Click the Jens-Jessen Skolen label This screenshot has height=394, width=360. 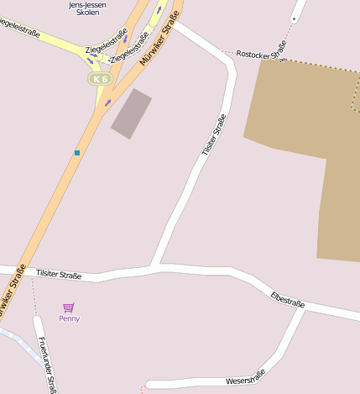tap(87, 8)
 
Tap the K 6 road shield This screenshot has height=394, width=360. tap(100, 78)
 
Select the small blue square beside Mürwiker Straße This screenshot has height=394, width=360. tap(77, 152)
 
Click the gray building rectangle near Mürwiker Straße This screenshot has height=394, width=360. tap(131, 113)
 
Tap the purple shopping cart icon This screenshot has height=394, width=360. tap(69, 307)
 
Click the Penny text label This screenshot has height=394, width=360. tap(69, 318)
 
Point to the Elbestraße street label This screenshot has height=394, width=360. tap(288, 299)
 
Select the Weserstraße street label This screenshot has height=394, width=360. tap(245, 378)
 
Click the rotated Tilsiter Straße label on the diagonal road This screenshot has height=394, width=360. tap(214, 134)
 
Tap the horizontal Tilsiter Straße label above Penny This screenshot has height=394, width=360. tap(59, 275)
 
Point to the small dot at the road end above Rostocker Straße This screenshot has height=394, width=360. tap(294, 18)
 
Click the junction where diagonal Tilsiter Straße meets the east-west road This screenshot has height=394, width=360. tap(155, 267)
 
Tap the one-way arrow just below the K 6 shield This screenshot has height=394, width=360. tap(107, 102)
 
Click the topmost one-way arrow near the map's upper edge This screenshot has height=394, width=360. tap(159, 10)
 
